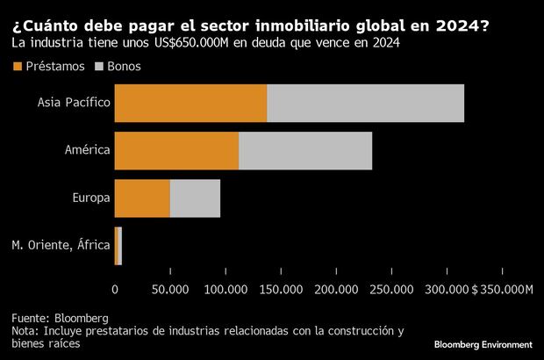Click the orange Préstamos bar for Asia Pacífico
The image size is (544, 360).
[190, 103]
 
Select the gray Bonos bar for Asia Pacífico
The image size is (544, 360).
[365, 103]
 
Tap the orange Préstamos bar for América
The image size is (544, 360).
[176, 150]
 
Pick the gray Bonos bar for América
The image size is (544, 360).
[305, 150]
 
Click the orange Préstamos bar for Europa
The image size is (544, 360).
[142, 198]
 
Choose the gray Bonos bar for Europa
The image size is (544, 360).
[195, 198]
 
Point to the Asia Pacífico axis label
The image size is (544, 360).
[74, 103]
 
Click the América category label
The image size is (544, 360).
[88, 150]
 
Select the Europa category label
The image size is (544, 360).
[91, 198]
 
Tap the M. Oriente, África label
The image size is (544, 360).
[61, 245]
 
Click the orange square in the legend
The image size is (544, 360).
[18, 66]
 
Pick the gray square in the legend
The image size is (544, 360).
[99, 66]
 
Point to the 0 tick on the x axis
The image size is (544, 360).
[115, 289]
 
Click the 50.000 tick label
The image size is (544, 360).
[170, 289]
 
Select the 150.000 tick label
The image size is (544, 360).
[281, 289]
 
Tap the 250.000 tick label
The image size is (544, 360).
[391, 289]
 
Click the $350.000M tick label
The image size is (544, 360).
[502, 289]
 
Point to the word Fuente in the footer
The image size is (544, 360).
[31, 317]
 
